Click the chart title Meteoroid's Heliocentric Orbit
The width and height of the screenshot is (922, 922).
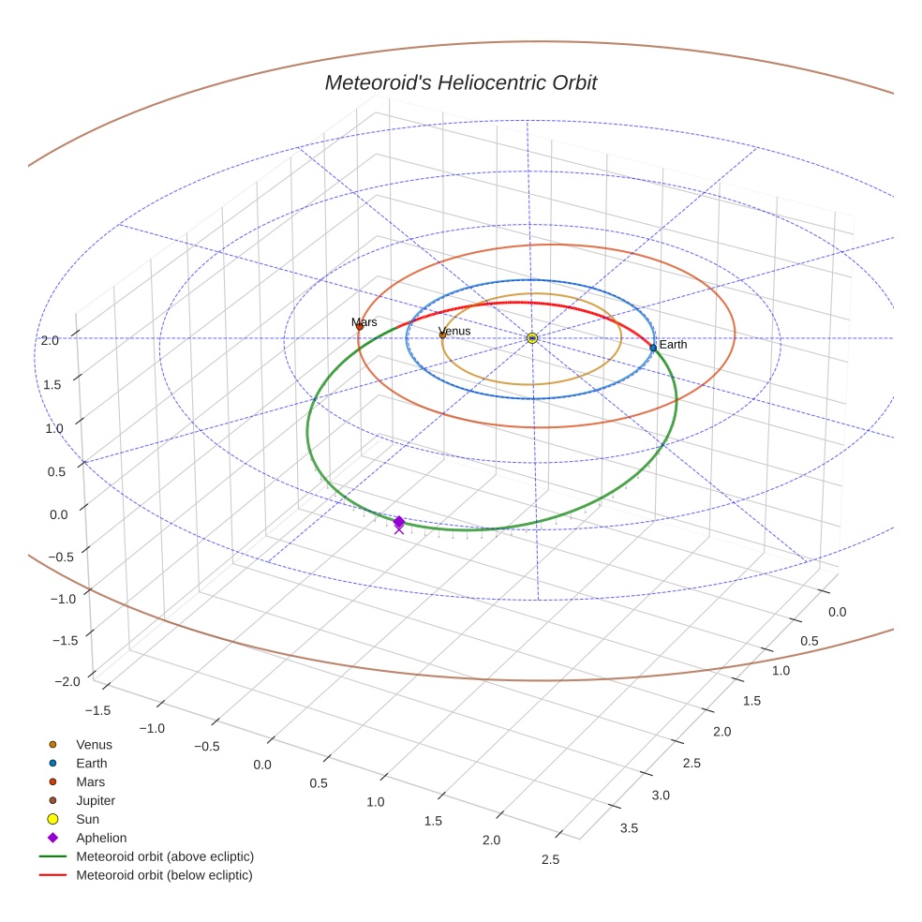pos(460,83)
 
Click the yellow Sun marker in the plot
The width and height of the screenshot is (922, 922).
pos(532,337)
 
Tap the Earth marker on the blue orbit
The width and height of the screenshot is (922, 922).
pos(653,348)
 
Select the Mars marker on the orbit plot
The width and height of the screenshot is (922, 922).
pos(360,326)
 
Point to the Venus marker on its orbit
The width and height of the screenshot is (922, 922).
pos(443,335)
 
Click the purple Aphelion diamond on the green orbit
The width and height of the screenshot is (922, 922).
pos(399,522)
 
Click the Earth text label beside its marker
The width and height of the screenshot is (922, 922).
pos(673,345)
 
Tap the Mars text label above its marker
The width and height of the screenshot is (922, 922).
pos(364,322)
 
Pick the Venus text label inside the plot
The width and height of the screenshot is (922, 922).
pos(455,332)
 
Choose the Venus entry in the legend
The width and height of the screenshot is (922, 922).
pos(94,745)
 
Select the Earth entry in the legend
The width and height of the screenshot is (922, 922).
pos(92,764)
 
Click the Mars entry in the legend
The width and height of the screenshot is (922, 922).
pos(90,782)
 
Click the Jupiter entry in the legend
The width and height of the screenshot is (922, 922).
pos(96,801)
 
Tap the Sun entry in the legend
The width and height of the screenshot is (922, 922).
pos(87,820)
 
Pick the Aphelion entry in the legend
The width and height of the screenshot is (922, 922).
pos(101,839)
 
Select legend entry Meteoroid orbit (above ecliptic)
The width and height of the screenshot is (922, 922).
pos(165,856)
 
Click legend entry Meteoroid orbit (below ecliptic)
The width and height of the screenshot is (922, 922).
pos(164,875)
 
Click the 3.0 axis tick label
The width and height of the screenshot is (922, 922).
pos(660,796)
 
